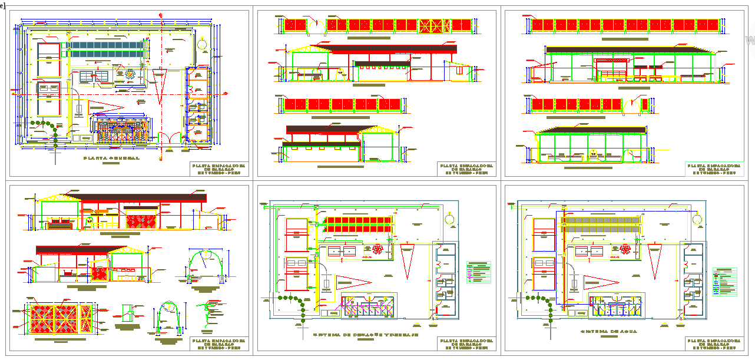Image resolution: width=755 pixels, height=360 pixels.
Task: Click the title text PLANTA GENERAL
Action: (111, 158)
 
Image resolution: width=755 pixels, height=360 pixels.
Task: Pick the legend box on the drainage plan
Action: (478, 272)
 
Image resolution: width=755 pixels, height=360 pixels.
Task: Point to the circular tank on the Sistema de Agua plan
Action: (698, 219)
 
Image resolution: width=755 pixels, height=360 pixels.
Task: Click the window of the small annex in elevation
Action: (459, 71)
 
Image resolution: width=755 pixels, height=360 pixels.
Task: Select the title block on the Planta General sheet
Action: (218, 169)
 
